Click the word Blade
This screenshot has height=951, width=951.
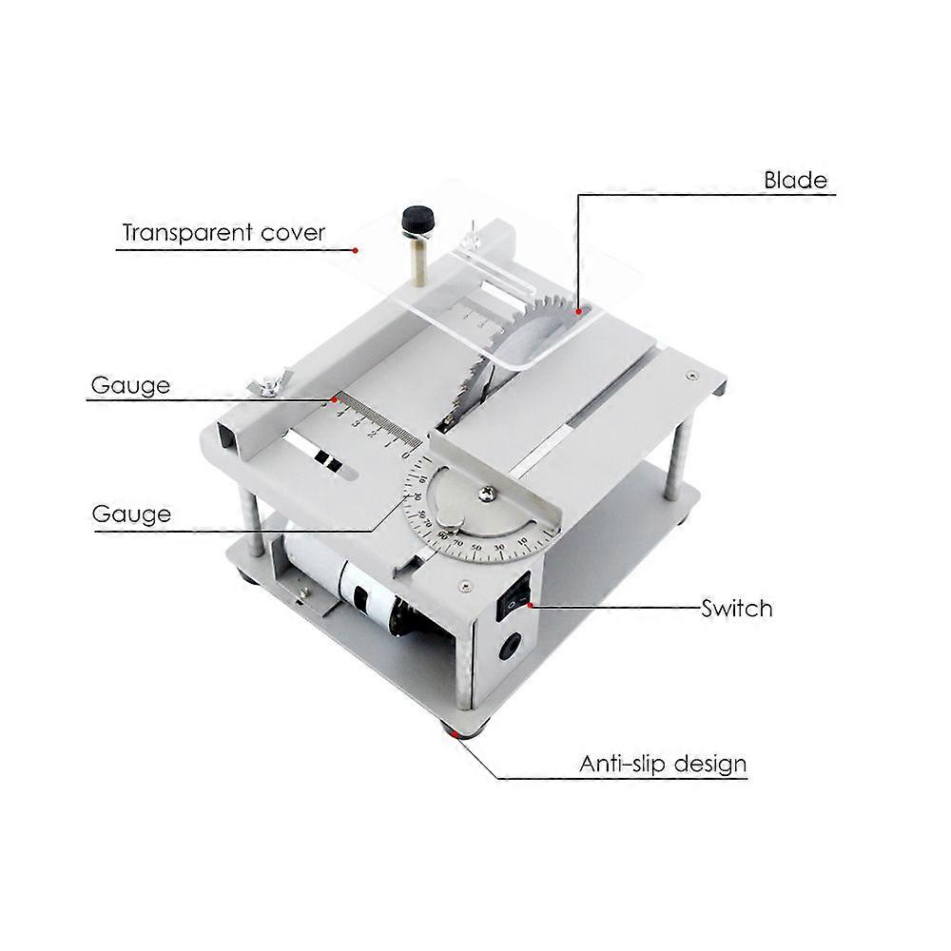click(796, 180)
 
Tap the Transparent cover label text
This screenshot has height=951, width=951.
click(223, 232)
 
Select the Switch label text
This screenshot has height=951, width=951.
click(736, 608)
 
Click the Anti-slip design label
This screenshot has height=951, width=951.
click(663, 763)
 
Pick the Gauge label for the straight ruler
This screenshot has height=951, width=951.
click(131, 385)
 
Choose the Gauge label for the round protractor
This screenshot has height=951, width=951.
click(131, 514)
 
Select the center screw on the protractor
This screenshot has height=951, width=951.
click(488, 493)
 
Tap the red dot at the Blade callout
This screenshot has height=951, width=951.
click(577, 310)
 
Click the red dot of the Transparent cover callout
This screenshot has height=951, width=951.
click(355, 250)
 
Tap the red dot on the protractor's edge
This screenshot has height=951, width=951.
click(412, 496)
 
